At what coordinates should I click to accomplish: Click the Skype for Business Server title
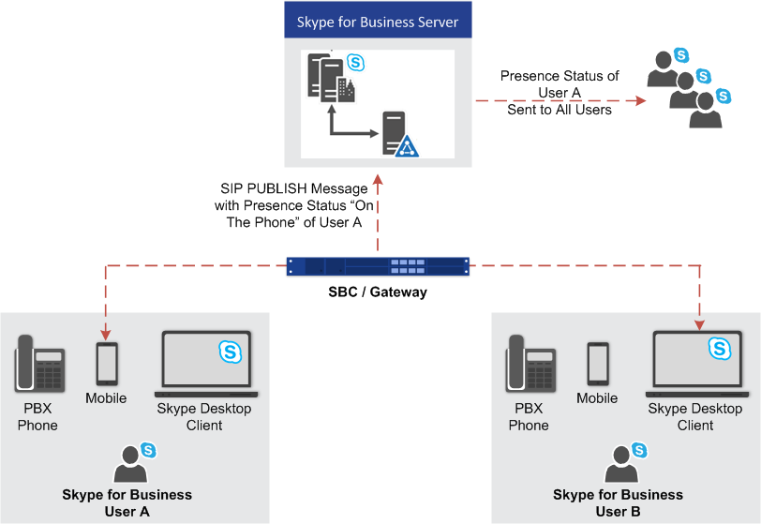click(x=378, y=22)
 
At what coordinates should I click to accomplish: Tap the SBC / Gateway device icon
click(x=378, y=267)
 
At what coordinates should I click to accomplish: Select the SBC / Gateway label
click(x=378, y=292)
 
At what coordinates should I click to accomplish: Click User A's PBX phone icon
click(x=38, y=363)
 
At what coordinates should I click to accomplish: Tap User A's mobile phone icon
click(x=107, y=364)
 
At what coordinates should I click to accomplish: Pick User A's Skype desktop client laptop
click(x=206, y=364)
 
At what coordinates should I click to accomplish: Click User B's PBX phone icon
click(x=529, y=363)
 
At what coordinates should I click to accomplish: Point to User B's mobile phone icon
click(x=597, y=364)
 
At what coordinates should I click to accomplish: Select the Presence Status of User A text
click(x=560, y=93)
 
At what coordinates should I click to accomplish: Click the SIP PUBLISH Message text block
click(x=288, y=205)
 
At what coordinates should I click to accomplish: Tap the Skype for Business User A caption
click(x=127, y=502)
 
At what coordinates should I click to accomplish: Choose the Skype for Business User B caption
click(x=619, y=502)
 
